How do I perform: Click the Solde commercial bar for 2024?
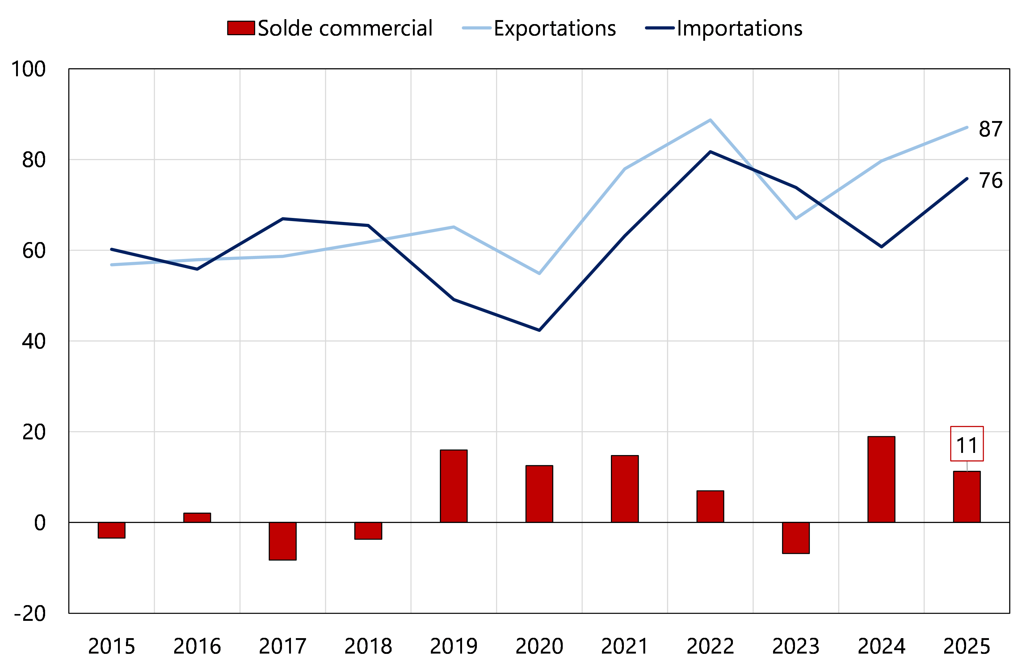[x=881, y=479]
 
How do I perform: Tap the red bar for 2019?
[x=453, y=486]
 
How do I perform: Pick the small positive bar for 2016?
[x=197, y=518]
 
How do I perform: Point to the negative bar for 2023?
[x=796, y=537]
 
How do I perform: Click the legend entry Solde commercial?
[x=330, y=28]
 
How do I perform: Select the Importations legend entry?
[x=724, y=28]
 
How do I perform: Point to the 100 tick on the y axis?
[x=28, y=69]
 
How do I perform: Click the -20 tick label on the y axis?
[x=29, y=613]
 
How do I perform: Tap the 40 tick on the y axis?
[x=34, y=341]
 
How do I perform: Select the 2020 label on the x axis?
[x=539, y=646]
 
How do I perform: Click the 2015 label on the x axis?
[x=112, y=646]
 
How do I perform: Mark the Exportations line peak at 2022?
[x=710, y=120]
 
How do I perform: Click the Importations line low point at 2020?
[x=539, y=330]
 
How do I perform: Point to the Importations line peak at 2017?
[x=282, y=219]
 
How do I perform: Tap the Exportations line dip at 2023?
[x=796, y=218]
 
